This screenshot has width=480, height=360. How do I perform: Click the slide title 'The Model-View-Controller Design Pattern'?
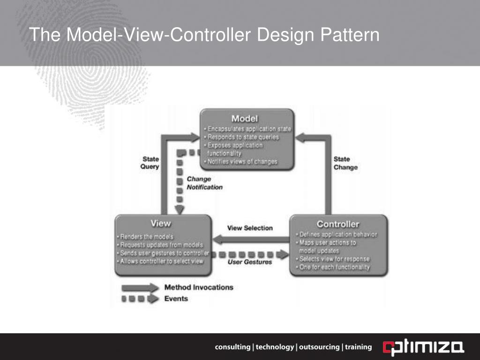pyautogui.click(x=204, y=35)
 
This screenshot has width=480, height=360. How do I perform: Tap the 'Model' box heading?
pyautogui.click(x=244, y=118)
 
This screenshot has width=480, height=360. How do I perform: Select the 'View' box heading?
pyautogui.click(x=160, y=223)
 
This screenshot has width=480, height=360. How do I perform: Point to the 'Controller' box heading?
pyautogui.click(x=338, y=224)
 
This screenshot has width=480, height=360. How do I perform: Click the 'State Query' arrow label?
pyautogui.click(x=151, y=163)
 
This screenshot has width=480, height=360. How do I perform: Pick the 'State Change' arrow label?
pyautogui.click(x=345, y=163)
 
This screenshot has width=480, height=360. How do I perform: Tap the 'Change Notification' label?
pyautogui.click(x=204, y=183)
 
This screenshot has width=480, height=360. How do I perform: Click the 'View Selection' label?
pyautogui.click(x=250, y=228)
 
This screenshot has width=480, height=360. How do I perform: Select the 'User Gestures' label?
pyautogui.click(x=250, y=262)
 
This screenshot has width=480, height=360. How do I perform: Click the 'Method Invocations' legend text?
pyautogui.click(x=199, y=287)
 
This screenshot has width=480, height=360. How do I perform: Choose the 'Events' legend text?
pyautogui.click(x=176, y=299)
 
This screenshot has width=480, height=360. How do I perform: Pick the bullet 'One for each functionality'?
pyautogui.click(x=334, y=267)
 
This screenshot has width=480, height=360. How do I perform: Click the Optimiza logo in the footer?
pyautogui.click(x=424, y=347)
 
